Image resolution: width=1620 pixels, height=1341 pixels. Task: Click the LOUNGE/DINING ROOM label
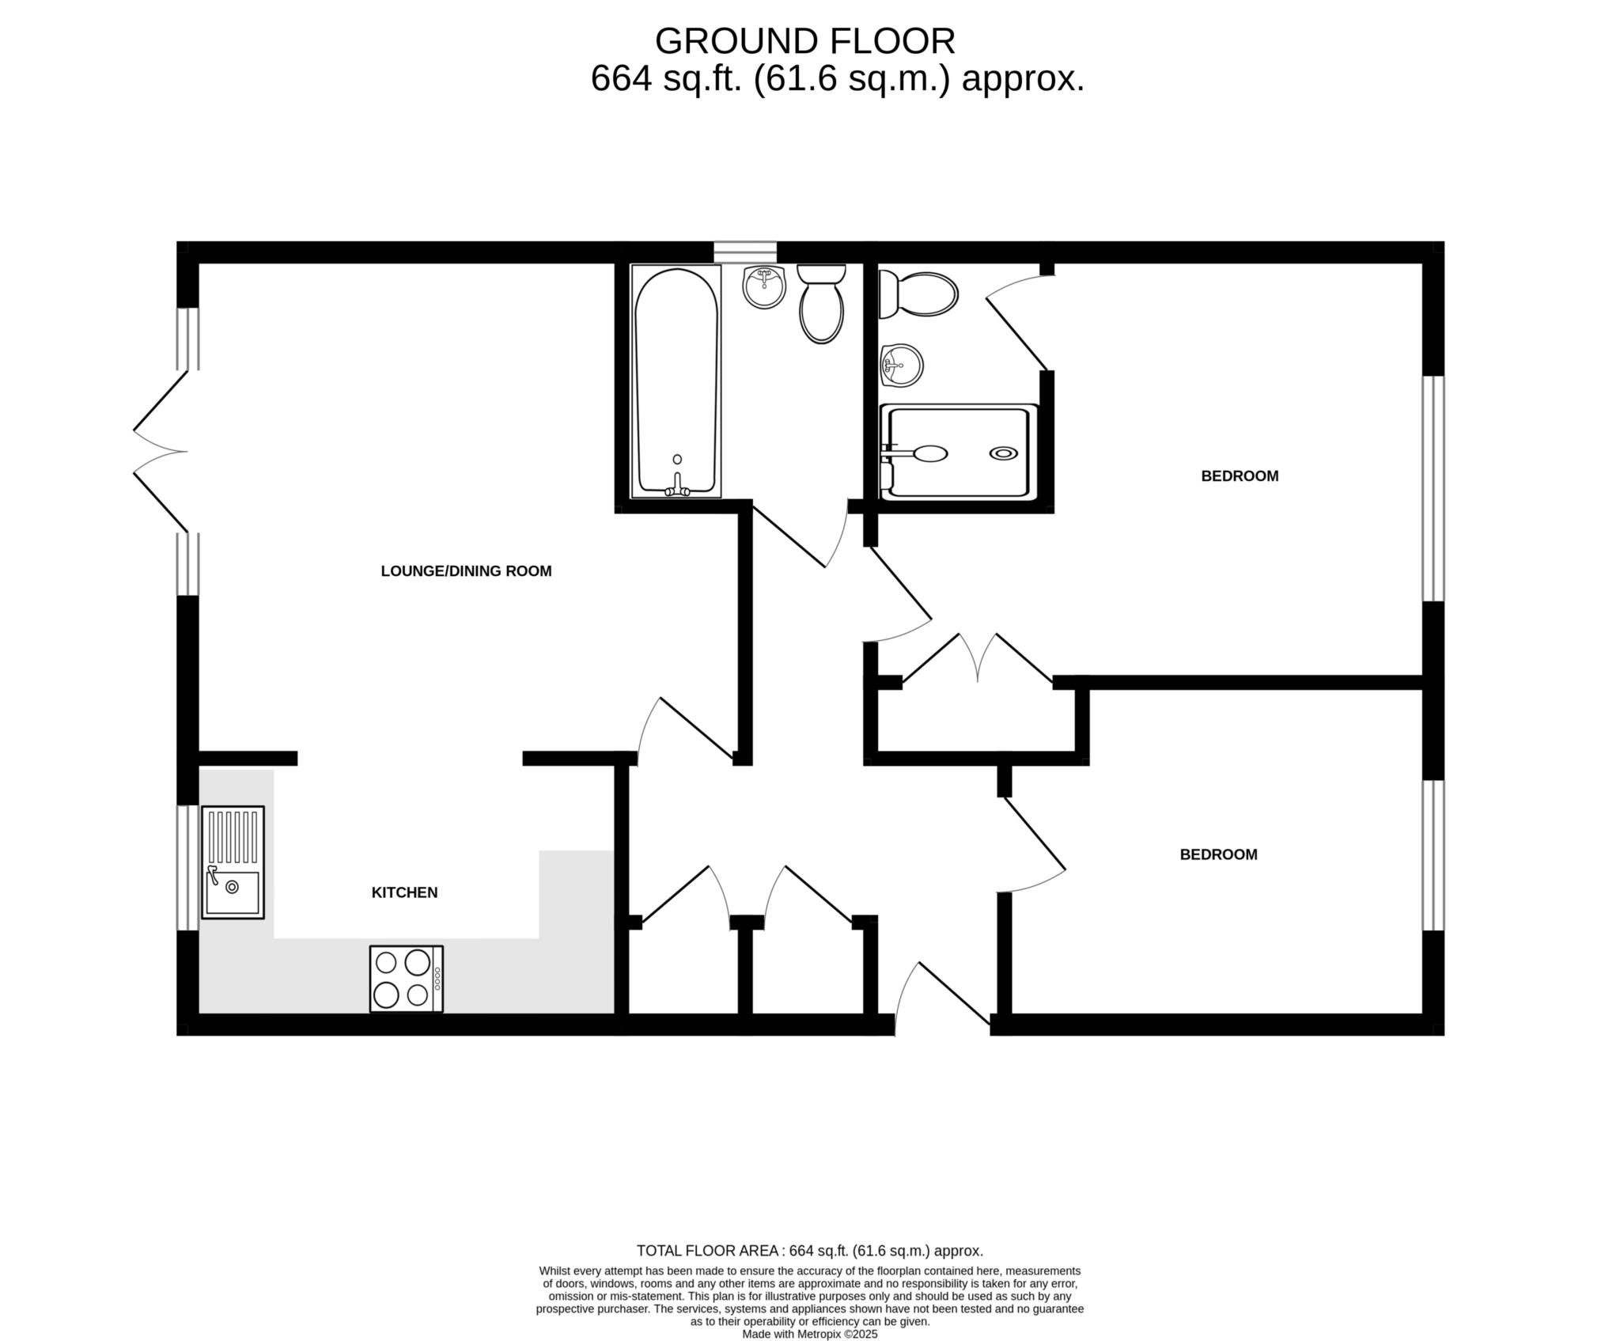click(466, 571)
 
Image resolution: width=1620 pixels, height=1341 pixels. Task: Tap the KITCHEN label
click(404, 892)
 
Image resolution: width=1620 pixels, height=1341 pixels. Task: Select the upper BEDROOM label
click(1240, 476)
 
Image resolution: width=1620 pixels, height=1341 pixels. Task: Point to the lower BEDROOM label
click(1218, 854)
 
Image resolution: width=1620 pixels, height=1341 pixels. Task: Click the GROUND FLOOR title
click(805, 41)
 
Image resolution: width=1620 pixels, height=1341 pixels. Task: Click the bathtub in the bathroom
click(676, 381)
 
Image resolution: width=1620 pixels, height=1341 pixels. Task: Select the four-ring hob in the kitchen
click(407, 979)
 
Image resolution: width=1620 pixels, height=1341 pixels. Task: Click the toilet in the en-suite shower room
click(918, 294)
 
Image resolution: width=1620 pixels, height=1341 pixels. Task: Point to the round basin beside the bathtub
click(764, 287)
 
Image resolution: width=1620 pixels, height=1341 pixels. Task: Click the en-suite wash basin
click(901, 366)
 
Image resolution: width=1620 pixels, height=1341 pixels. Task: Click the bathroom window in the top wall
click(745, 252)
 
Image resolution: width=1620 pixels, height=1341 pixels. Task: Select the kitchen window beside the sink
click(187, 868)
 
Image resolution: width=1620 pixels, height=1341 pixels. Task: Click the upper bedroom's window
click(1433, 488)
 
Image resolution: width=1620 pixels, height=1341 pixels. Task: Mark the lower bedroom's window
click(1433, 855)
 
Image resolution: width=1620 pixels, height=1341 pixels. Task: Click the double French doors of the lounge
click(161, 452)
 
